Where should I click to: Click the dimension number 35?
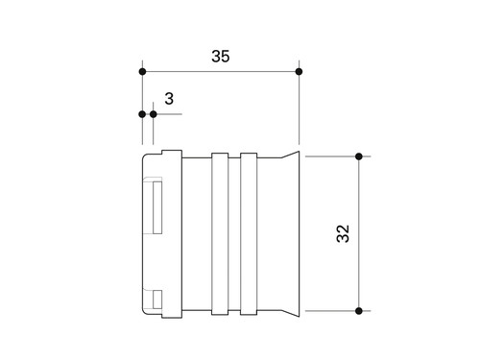click(x=221, y=57)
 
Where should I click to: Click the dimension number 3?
click(x=169, y=99)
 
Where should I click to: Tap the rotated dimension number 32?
click(x=343, y=233)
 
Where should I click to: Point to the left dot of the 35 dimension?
click(x=142, y=72)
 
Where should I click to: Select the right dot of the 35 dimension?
click(x=299, y=72)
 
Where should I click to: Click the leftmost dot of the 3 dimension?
click(x=142, y=114)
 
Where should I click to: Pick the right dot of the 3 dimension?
click(x=154, y=114)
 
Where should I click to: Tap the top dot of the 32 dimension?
click(x=359, y=156)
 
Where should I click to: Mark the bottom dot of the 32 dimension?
click(x=359, y=311)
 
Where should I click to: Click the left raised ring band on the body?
click(x=220, y=234)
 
